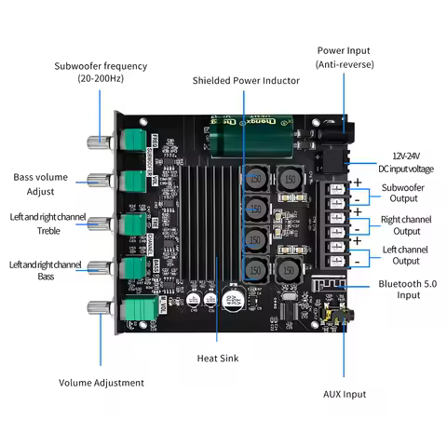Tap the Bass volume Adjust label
[x=40, y=183]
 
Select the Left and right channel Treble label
[x=47, y=223]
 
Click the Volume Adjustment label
[x=101, y=383]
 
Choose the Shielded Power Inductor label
[x=246, y=81]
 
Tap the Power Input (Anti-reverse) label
[x=343, y=57]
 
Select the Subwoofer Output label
[x=406, y=193]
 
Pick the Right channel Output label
[x=406, y=225]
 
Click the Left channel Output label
[x=406, y=255]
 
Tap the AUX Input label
[x=345, y=394]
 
